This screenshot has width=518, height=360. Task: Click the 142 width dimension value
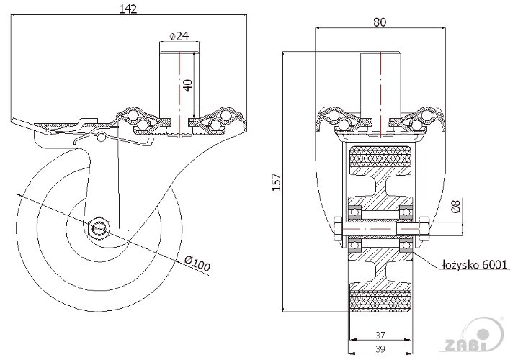(x=128, y=9)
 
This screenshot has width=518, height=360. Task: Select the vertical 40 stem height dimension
(x=188, y=84)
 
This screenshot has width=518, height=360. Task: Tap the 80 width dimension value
(x=380, y=22)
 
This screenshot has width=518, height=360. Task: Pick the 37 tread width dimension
(x=380, y=334)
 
